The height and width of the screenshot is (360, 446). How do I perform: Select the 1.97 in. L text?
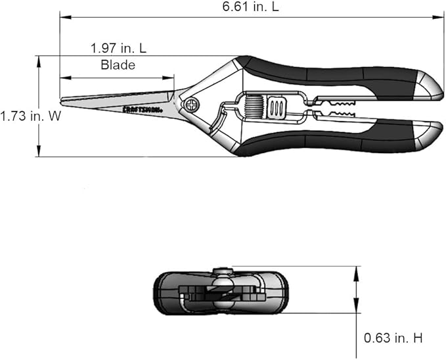tap(118, 48)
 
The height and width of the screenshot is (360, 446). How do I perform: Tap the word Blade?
tap(118, 64)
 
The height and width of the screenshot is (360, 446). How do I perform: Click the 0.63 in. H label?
tap(393, 338)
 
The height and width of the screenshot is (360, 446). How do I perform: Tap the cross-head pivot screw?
tap(192, 104)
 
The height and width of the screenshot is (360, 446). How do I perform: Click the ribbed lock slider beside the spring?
tap(277, 107)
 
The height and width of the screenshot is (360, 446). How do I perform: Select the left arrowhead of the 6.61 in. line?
tap(63, 18)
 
